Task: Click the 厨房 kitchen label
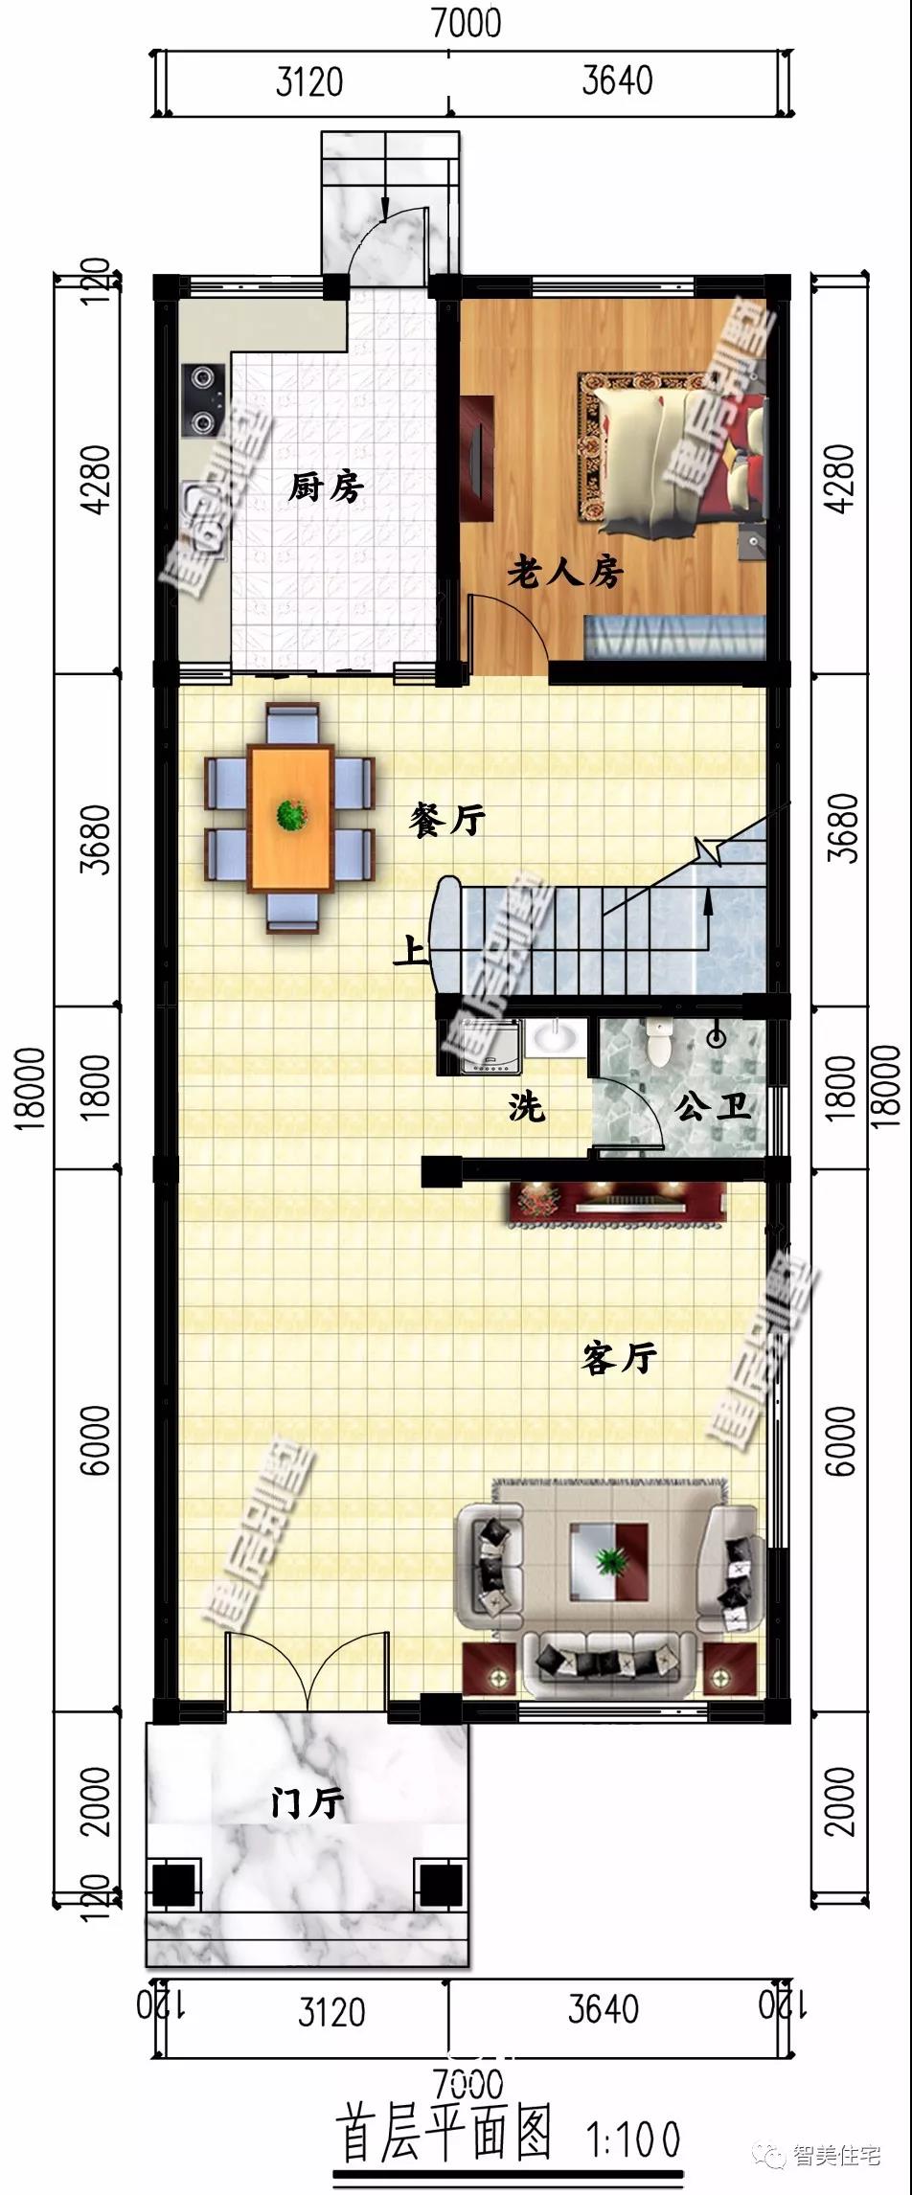[x=327, y=487]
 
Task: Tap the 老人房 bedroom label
[x=565, y=573]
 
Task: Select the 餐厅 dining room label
[x=447, y=820]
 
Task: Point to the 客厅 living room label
[x=619, y=1358]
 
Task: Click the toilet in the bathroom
[x=660, y=1043]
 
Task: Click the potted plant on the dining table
[x=291, y=815]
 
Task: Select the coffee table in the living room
[x=609, y=1562]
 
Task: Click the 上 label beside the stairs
[x=412, y=951]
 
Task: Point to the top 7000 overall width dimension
[x=466, y=23]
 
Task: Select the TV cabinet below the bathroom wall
[x=617, y=1204]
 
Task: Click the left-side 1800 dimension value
[x=96, y=1087]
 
